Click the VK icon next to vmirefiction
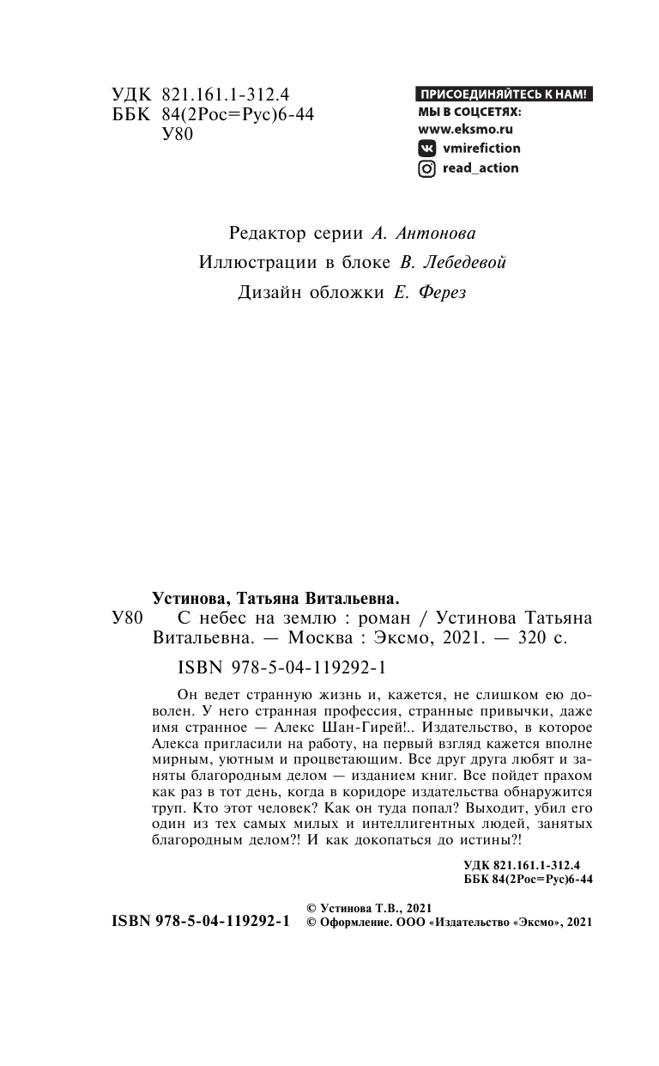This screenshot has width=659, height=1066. click(426, 148)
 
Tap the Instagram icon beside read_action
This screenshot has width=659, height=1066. click(426, 168)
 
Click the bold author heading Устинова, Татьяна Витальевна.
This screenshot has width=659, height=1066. click(276, 598)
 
